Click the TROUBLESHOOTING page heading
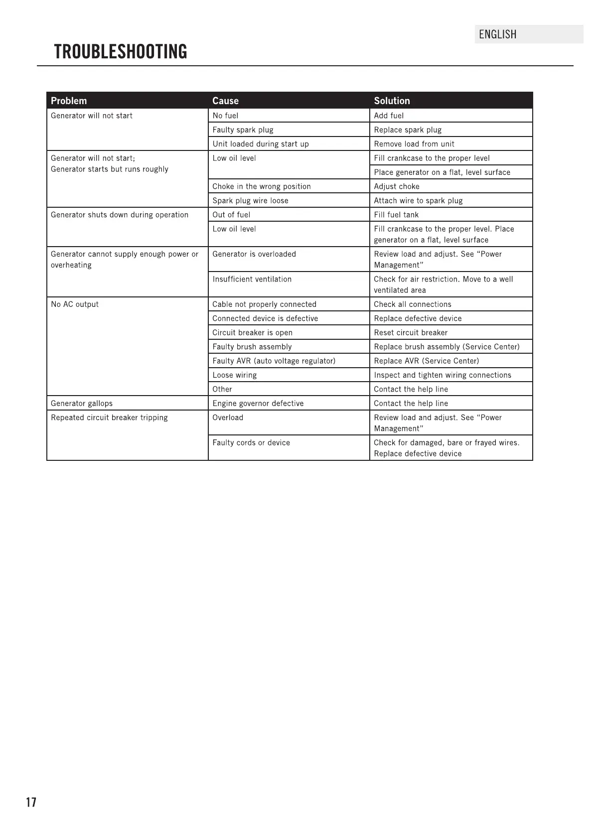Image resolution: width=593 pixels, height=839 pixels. [121, 52]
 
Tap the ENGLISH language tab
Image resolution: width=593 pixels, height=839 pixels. [497, 34]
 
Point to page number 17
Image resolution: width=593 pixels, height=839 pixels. [31, 802]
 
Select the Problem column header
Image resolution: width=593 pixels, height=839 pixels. [69, 101]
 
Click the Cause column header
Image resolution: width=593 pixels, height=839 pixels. [225, 101]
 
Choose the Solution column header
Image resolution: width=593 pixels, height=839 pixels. [392, 101]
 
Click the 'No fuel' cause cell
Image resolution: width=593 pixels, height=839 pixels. [225, 116]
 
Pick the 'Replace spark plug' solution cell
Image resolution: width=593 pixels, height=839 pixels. [408, 130]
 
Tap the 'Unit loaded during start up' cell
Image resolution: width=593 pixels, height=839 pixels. [261, 144]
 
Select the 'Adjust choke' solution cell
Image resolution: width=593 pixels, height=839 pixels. [397, 186]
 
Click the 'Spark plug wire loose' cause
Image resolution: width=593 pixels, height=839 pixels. [250, 201]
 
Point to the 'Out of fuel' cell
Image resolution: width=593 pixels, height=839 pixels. [231, 215]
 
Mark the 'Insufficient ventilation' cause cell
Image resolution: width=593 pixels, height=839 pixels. [252, 279]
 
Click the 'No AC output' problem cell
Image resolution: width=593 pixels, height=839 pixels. [75, 304]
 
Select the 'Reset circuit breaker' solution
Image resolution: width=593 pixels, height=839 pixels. [411, 333]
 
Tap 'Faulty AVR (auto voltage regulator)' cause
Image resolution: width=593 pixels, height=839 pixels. [274, 361]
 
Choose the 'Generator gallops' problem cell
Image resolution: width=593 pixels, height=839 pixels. [82, 404]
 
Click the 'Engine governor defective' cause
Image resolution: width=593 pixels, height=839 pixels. [258, 404]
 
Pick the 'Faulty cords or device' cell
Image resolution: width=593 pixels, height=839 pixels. [251, 442]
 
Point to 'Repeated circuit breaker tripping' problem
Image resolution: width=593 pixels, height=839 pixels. [109, 418]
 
